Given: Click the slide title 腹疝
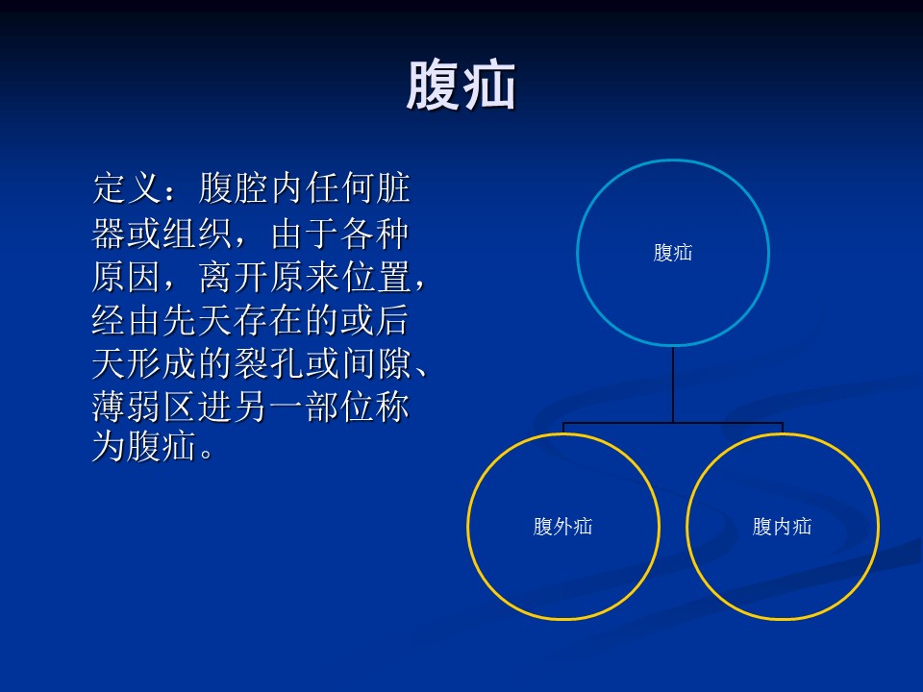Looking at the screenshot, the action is (461, 86).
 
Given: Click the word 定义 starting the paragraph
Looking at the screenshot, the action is (127, 188).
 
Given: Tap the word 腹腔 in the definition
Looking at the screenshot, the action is (234, 188).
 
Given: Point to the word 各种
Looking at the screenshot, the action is (374, 234).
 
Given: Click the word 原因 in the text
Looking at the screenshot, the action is (127, 277).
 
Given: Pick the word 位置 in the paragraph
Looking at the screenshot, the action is (376, 277).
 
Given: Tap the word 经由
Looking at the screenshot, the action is (127, 321).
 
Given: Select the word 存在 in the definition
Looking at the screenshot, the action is (268, 321).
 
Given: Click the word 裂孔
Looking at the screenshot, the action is (268, 363).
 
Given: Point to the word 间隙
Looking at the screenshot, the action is (376, 363).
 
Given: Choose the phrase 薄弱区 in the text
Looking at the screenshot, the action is (144, 407).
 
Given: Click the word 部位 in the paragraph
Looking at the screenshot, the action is (340, 407).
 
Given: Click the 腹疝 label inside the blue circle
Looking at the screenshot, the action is (673, 253).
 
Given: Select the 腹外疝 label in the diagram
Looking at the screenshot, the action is (562, 526).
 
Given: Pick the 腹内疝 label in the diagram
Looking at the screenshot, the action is (782, 526).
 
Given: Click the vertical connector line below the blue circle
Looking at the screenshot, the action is (673, 384).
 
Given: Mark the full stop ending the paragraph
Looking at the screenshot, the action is (206, 455).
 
